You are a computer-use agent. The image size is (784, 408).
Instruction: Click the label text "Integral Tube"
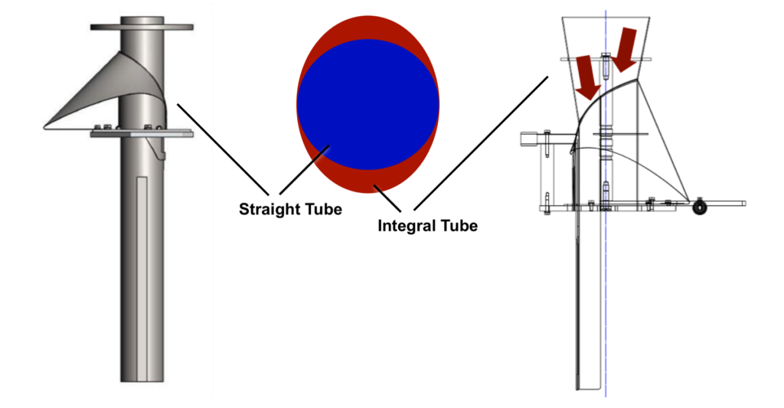point(427,226)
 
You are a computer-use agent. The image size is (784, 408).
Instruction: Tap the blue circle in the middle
point(367,103)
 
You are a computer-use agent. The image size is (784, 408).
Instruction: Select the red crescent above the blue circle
point(368,27)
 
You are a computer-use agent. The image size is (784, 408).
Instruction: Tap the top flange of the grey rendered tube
point(142,27)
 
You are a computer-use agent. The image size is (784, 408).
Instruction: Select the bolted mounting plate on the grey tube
point(142,133)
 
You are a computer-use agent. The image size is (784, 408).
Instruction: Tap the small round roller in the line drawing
point(699,207)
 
